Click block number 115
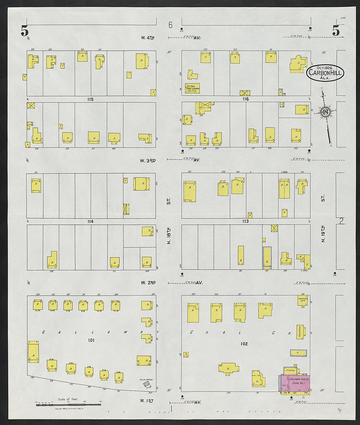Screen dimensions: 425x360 [90, 99]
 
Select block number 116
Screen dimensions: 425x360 [246, 99]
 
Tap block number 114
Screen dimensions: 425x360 [90, 222]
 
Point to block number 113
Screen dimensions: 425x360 [245, 221]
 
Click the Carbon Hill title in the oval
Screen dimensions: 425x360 [325, 74]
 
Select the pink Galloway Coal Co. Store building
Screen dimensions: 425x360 [295, 384]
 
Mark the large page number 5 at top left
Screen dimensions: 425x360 [25, 31]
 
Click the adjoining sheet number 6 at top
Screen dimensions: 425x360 [170, 25]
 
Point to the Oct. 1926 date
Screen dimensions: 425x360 [325, 68]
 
